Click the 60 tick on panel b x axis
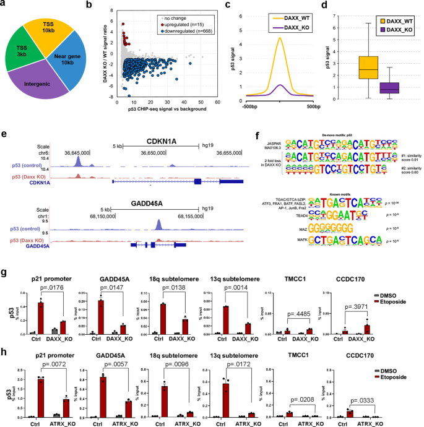[x=217, y=102]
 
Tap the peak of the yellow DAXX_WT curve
[x=280, y=38]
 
